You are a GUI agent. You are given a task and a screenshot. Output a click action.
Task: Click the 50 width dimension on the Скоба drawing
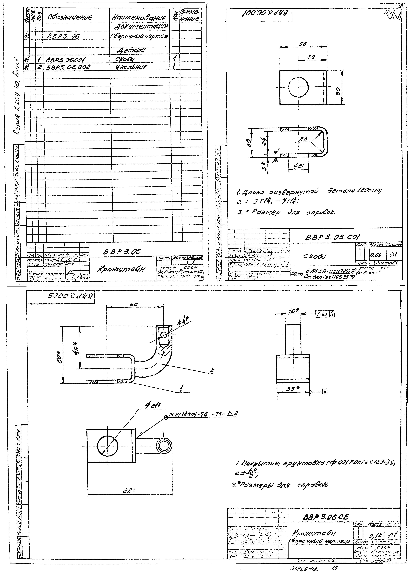pos(303,44)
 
